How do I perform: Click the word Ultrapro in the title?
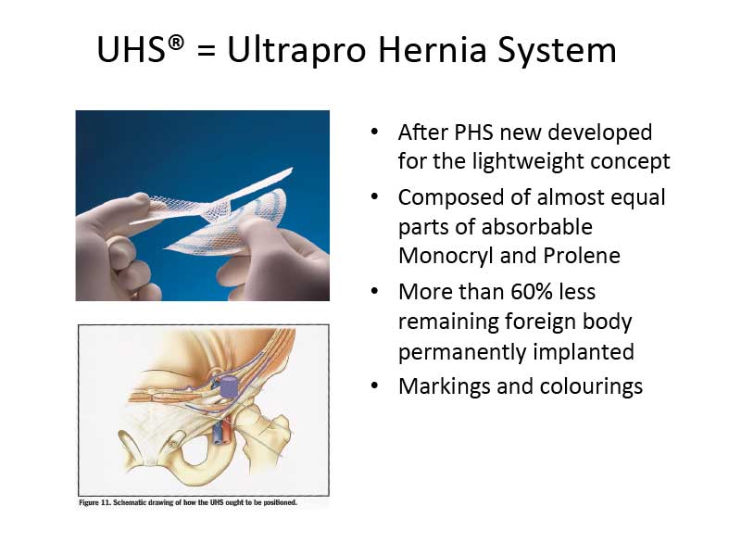[x=296, y=50]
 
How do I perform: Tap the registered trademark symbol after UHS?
[x=175, y=43]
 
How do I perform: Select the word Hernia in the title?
[x=432, y=49]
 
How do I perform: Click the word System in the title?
[x=558, y=51]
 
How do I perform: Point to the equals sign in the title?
[x=206, y=51]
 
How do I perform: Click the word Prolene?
[x=582, y=256]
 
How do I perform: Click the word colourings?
[x=591, y=386]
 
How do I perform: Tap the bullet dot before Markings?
[x=375, y=385]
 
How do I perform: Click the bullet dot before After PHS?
[x=375, y=132]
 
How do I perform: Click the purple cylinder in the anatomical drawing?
[x=230, y=385]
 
